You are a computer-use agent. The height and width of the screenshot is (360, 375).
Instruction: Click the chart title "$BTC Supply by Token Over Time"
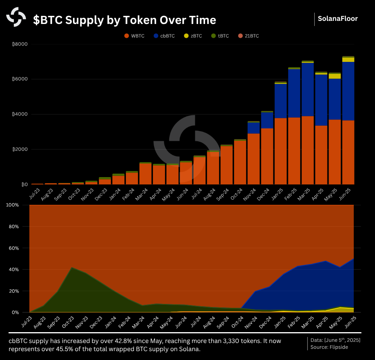[124, 20]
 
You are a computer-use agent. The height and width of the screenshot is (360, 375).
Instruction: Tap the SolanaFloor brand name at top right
[338, 18]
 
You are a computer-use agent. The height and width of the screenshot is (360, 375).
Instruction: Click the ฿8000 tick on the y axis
[20, 44]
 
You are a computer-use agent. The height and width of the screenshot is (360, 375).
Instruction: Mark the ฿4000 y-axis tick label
[20, 114]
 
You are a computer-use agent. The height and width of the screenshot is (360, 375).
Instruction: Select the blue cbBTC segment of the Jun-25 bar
[348, 91]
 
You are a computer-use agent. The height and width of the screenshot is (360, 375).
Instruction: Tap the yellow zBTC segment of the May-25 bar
[334, 76]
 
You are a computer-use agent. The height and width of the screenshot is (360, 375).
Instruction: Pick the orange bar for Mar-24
[145, 174]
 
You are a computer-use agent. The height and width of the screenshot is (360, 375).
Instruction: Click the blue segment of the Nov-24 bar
[253, 128]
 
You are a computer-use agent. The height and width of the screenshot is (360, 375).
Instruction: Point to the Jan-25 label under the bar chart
[278, 194]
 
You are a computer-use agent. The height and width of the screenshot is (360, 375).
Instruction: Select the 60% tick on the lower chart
[15, 248]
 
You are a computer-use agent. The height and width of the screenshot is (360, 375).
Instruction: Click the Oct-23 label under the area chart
[69, 322]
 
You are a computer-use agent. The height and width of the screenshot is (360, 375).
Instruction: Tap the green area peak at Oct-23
[71, 271]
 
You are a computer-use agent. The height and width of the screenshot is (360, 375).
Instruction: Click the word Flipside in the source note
[339, 347]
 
